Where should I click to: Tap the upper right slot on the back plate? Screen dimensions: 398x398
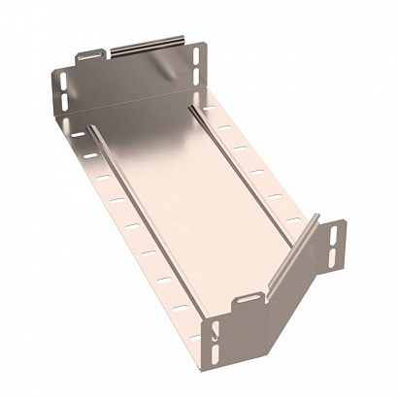(202, 59)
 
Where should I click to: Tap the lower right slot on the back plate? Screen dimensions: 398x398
(202, 82)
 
